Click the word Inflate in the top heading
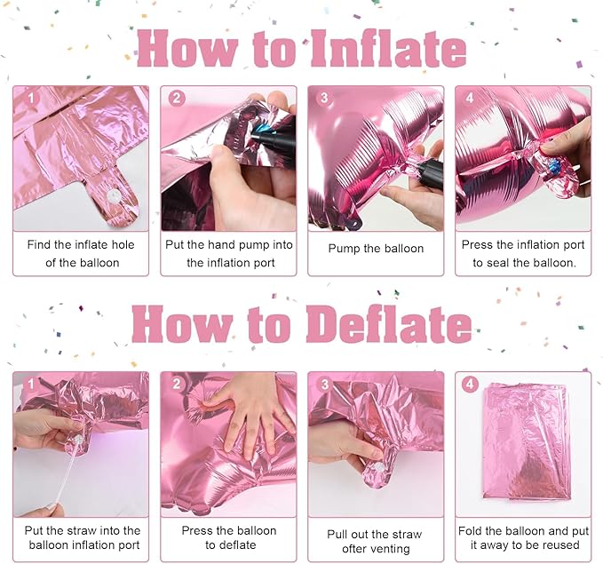click(x=388, y=49)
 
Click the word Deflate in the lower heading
click(x=388, y=324)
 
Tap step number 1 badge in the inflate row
click(x=31, y=99)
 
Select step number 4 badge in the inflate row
click(x=470, y=98)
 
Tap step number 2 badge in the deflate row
click(x=177, y=384)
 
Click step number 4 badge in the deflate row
click(x=470, y=384)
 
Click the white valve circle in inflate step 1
click(x=115, y=196)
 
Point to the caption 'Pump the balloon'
click(x=376, y=249)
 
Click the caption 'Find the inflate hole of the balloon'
click(x=81, y=253)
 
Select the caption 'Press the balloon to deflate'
click(x=229, y=537)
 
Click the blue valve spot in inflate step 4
click(x=555, y=167)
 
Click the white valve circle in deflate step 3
click(x=378, y=468)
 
